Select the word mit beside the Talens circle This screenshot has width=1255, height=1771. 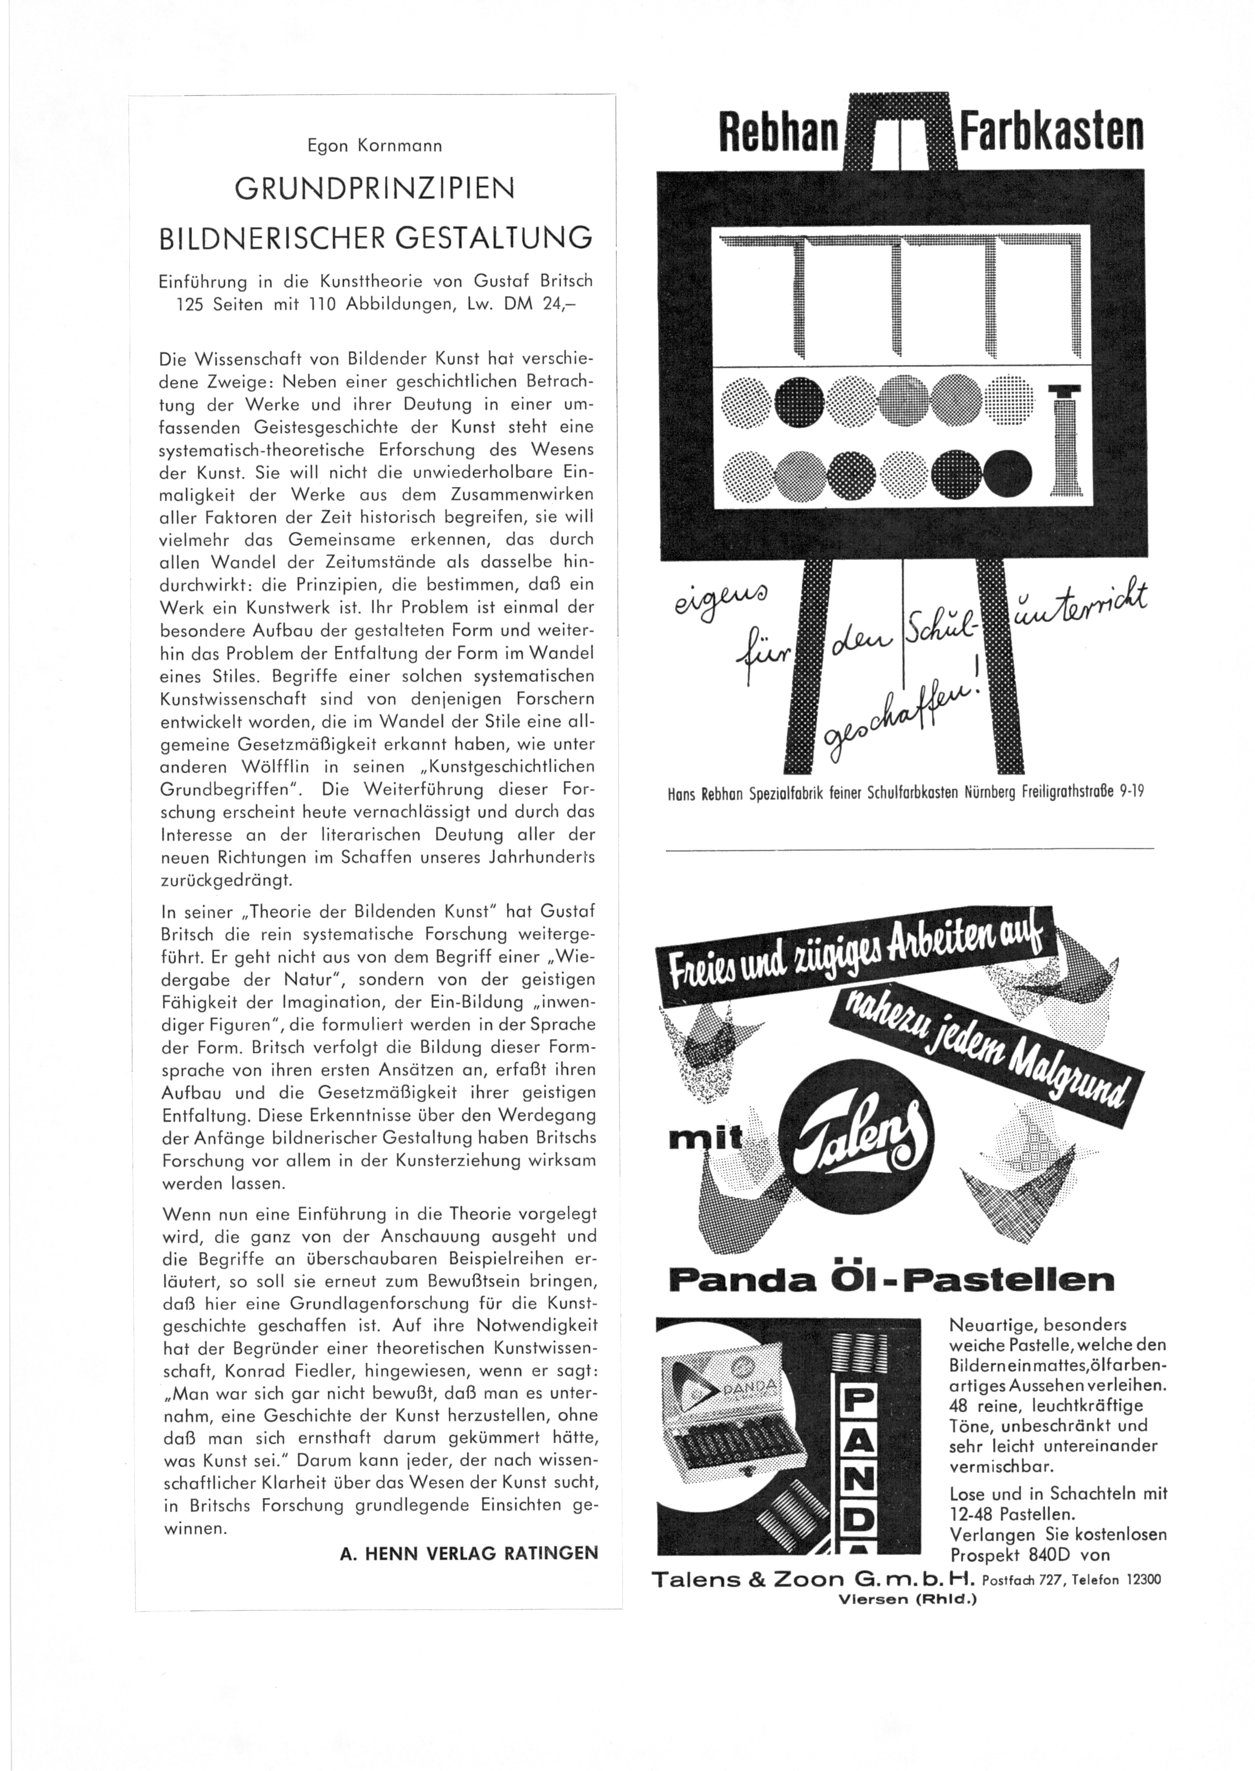[x=702, y=1139]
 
